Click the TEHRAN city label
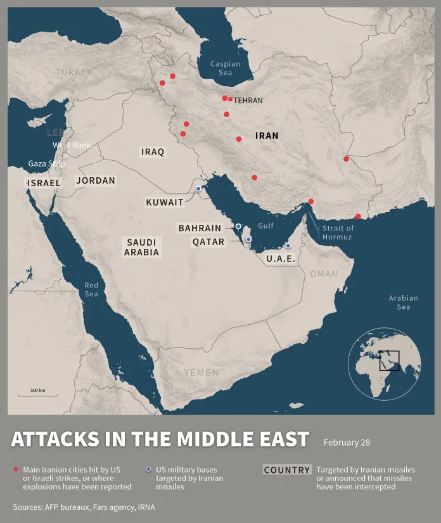[x=248, y=101]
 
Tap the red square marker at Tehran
[x=230, y=99]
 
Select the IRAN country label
[x=267, y=135]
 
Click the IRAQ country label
[x=153, y=152]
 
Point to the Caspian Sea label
[x=226, y=68]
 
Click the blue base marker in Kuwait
[x=198, y=189]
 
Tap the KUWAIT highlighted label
[x=164, y=203]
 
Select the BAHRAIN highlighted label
[x=200, y=228]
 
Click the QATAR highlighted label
[x=208, y=242]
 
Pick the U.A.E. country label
[x=281, y=259]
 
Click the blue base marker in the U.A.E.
[x=288, y=246]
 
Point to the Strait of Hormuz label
[x=337, y=232]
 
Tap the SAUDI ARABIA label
[x=142, y=247]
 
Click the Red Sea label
[x=91, y=290]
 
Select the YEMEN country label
[x=201, y=373]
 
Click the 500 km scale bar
[x=37, y=394]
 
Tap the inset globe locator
[x=385, y=363]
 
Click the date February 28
[x=347, y=443]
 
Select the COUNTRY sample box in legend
[x=287, y=470]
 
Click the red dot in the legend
[x=15, y=469]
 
